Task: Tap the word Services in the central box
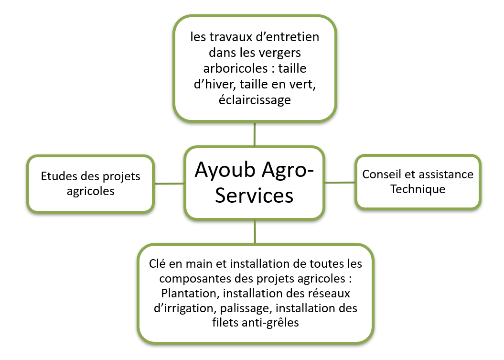(x=254, y=195)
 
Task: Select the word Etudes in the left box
(x=59, y=176)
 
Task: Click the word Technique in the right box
(x=418, y=189)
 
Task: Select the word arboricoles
(x=236, y=68)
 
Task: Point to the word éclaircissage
(x=255, y=100)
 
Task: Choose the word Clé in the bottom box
(x=157, y=264)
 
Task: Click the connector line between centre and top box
(x=255, y=134)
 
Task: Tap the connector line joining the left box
(x=170, y=184)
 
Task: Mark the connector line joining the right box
(x=340, y=183)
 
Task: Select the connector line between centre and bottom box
(x=255, y=232)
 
